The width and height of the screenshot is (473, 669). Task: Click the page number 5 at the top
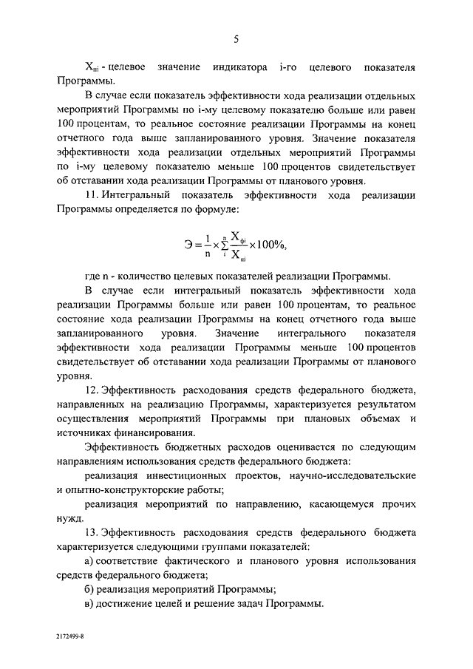tap(236, 38)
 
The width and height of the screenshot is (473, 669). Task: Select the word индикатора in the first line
tap(239, 67)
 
